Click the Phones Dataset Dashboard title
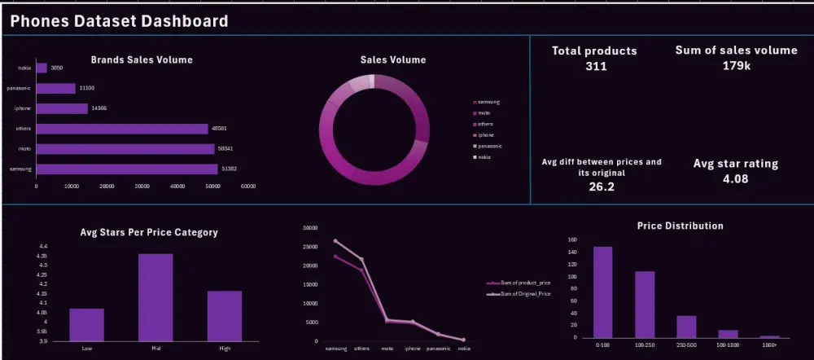(x=119, y=21)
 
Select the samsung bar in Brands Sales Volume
(x=126, y=169)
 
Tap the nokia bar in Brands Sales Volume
(x=42, y=68)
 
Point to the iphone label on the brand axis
(x=23, y=108)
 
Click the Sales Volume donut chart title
(x=392, y=59)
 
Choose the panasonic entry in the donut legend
(x=489, y=146)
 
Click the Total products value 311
(x=596, y=66)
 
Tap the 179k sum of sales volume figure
(x=736, y=65)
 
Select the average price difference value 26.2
(x=601, y=187)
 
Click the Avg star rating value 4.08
(x=735, y=178)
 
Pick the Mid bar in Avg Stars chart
(x=155, y=297)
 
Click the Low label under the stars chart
(x=87, y=349)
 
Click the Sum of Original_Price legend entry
(x=520, y=293)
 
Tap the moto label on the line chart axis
(x=387, y=349)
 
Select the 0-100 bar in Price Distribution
(x=602, y=292)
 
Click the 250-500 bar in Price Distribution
(x=686, y=327)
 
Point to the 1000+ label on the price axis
(x=770, y=345)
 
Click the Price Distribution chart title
(x=680, y=226)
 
